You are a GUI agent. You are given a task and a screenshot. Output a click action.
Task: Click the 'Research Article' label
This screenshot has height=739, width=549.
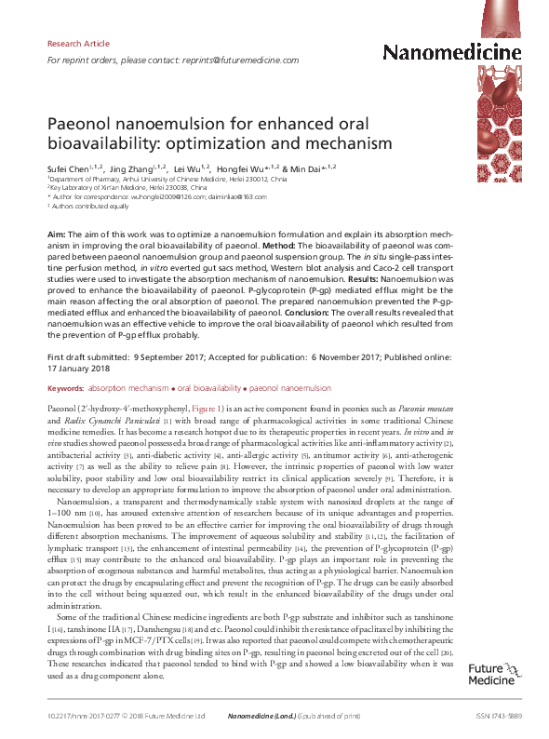click(77, 44)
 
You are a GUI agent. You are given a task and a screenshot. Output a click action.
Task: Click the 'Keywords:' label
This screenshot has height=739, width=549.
click(64, 386)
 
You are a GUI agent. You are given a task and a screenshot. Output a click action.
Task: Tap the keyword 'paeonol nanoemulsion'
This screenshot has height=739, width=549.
click(291, 386)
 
